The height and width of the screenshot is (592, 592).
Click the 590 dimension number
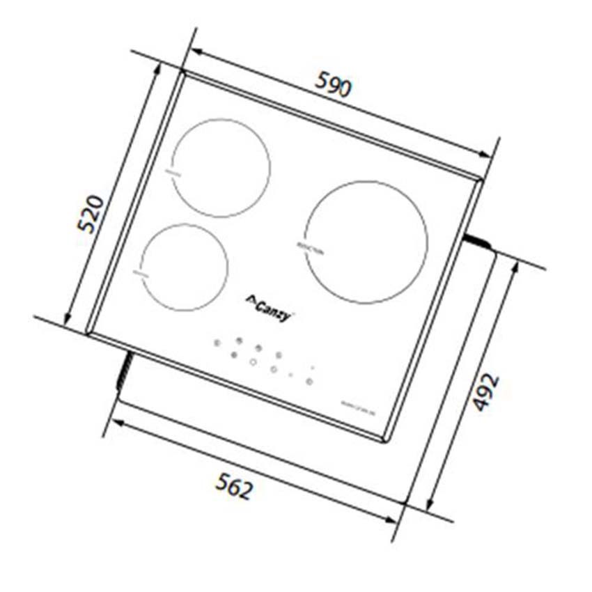tap(334, 84)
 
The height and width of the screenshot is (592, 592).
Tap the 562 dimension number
tap(233, 485)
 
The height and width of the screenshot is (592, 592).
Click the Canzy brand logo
tap(269, 304)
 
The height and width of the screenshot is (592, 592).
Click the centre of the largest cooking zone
tap(366, 242)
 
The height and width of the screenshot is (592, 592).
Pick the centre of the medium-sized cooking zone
tap(221, 168)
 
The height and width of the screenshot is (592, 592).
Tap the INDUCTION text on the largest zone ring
tap(311, 249)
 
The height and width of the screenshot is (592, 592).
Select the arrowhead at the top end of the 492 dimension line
tap(515, 267)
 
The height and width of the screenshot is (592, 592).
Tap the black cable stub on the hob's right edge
tap(478, 240)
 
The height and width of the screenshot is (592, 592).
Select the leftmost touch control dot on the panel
tap(217, 343)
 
